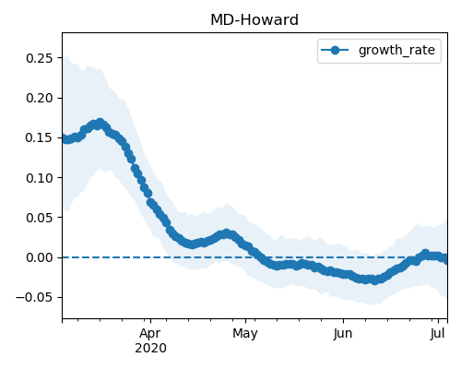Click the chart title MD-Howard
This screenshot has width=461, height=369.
254,20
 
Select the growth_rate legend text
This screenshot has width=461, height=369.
396,50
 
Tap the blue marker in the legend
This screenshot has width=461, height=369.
335,50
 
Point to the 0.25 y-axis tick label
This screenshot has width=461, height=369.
40,58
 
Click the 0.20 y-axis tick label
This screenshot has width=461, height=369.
40,98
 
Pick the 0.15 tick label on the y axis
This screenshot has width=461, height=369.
40,137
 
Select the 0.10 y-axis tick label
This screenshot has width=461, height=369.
40,178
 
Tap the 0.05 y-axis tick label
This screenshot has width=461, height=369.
40,218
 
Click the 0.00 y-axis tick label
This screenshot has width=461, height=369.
40,257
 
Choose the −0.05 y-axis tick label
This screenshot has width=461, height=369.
34,297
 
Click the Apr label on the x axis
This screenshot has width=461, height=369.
150,334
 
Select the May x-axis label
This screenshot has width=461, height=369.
245,334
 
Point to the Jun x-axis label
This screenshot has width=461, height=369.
343,334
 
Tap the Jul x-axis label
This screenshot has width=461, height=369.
438,334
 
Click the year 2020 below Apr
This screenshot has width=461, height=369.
150,348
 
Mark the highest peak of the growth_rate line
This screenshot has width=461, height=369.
100,123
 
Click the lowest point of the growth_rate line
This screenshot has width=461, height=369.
374,280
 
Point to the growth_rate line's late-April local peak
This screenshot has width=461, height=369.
227,233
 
